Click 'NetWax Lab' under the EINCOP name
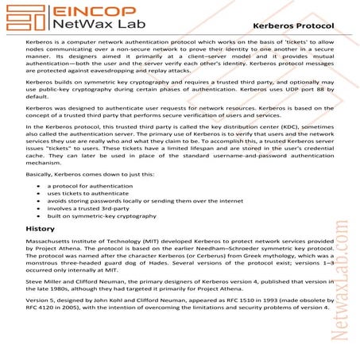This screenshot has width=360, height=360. point(92,27)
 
